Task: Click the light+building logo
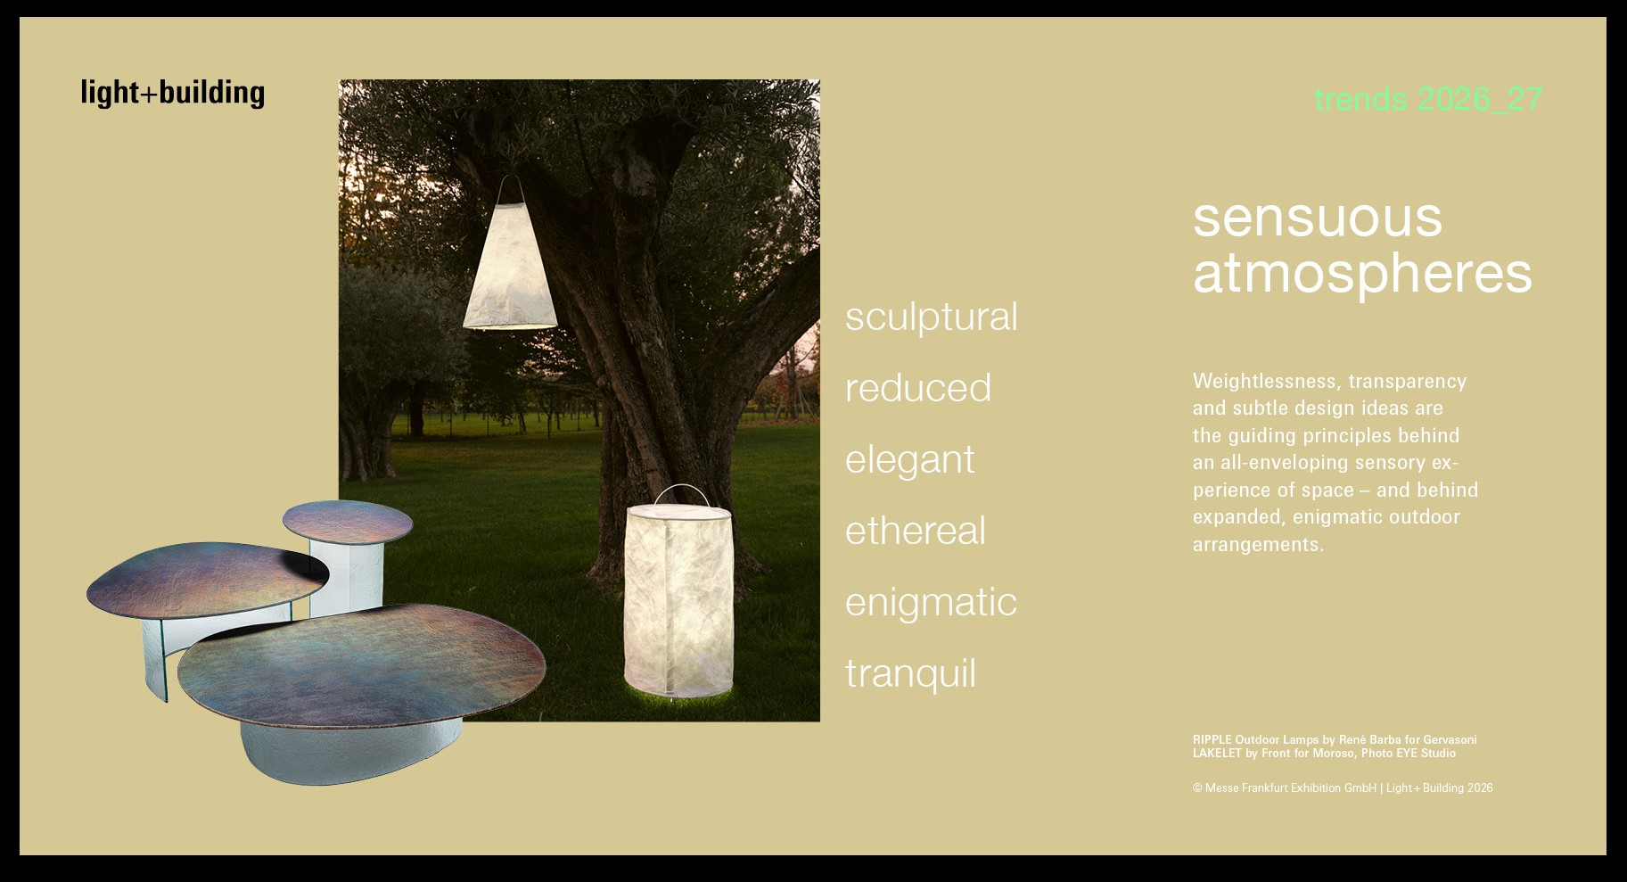pos(172,93)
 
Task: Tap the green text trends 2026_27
pos(1428,99)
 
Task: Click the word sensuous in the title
pos(1317,218)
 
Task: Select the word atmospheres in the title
pos(1362,274)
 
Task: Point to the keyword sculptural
pos(931,317)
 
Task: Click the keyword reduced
pos(917,388)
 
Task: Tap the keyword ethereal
pos(915,531)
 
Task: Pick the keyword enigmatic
pos(931,603)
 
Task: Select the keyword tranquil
pos(910,674)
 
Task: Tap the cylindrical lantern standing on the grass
pos(678,598)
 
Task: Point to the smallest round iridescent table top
pos(348,522)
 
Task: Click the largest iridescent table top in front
pos(361,664)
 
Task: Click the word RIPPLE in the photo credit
pos(1212,739)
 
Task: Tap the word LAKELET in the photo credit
pos(1217,753)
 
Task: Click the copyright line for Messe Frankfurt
pos(1343,787)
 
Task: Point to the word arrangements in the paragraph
pos(1258,545)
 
